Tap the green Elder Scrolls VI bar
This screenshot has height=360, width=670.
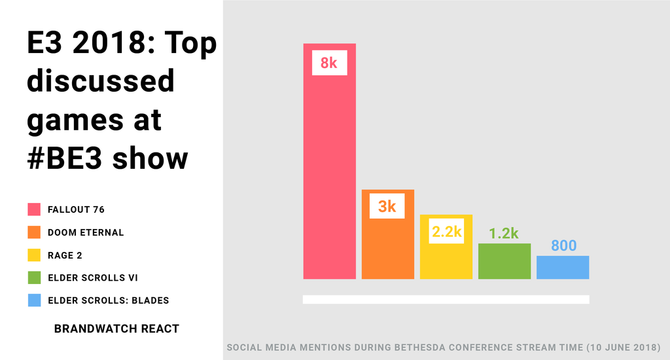[504, 262]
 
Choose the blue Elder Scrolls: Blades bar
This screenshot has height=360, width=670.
[563, 268]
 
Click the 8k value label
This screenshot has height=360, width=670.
[328, 62]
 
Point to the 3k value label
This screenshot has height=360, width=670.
[387, 206]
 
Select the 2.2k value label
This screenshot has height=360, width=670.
[446, 232]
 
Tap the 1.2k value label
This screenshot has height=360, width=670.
[504, 233]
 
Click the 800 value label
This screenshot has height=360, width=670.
[563, 246]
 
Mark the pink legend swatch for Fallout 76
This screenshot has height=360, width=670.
[34, 209]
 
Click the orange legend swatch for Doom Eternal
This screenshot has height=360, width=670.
[34, 232]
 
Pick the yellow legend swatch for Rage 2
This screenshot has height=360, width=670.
[34, 255]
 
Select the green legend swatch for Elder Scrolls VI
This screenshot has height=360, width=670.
[34, 278]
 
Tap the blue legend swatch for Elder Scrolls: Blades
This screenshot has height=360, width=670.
[34, 300]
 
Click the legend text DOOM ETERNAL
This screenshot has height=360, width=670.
[86, 232]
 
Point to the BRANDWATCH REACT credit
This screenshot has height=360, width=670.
[116, 329]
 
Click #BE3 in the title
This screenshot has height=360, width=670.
[65, 158]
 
